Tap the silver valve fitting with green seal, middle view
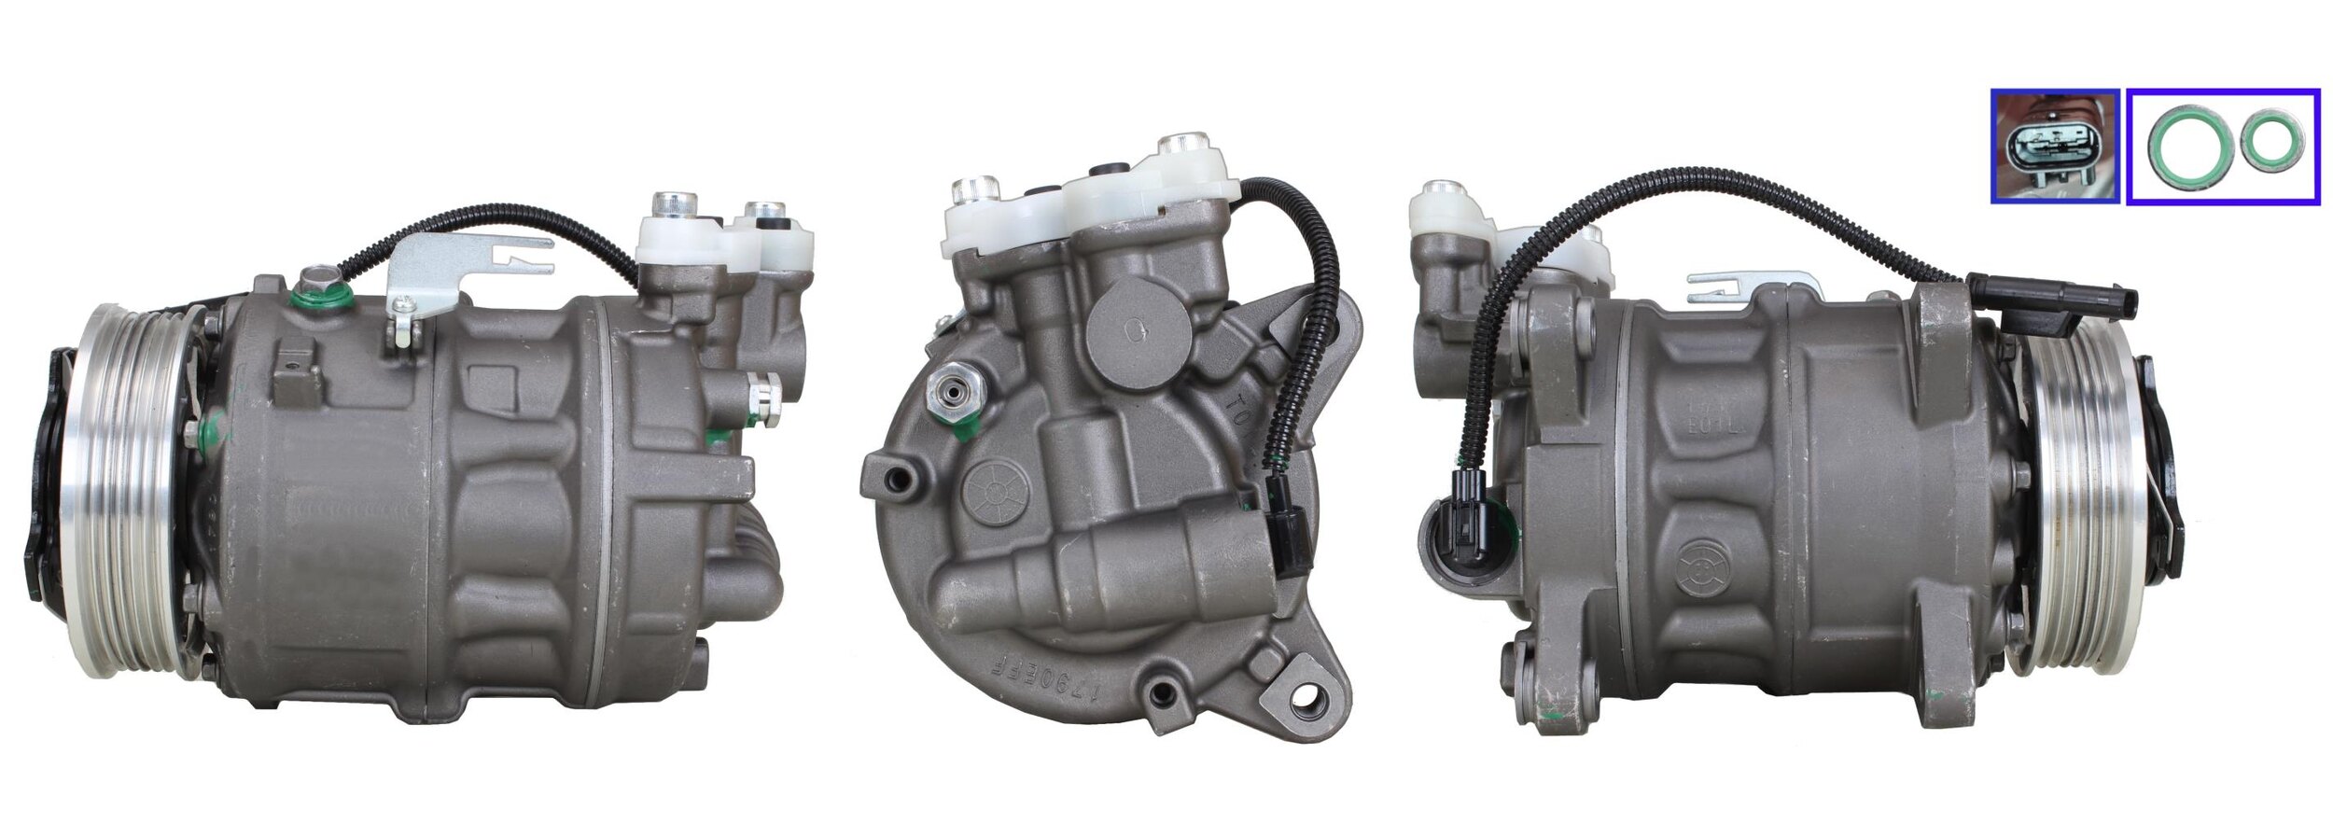point(944,412)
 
